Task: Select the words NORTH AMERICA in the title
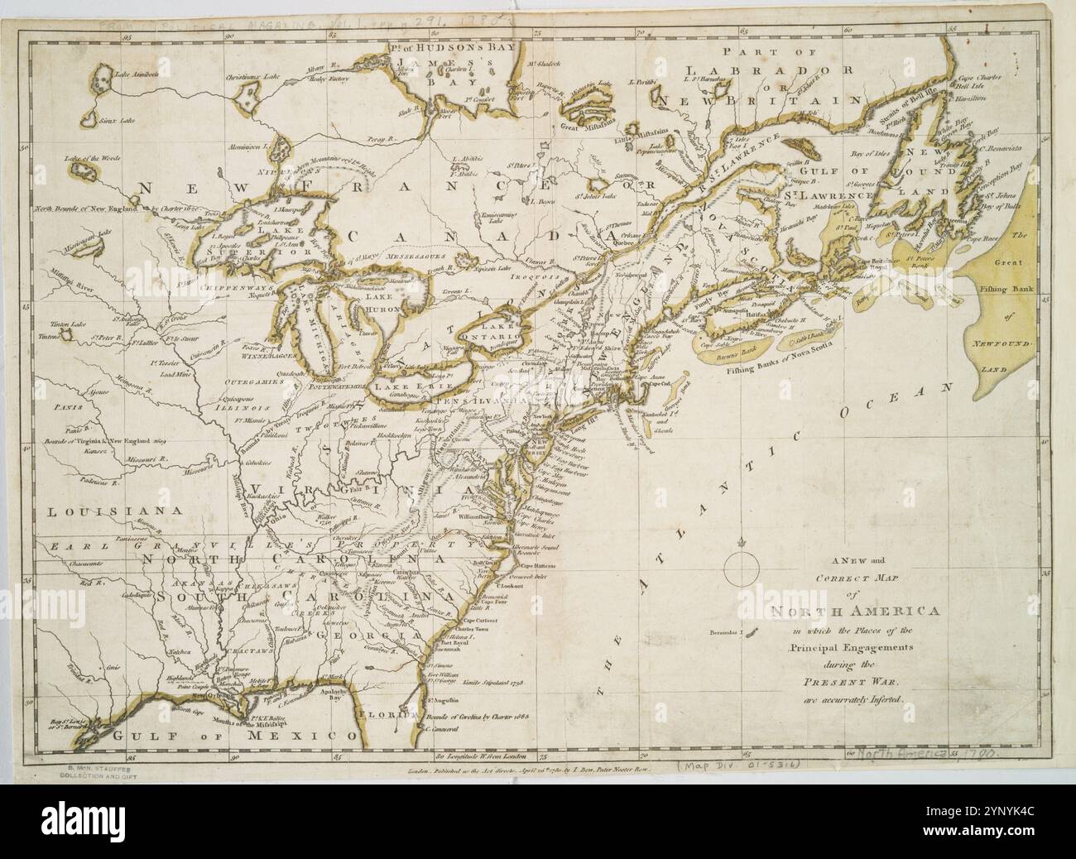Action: pos(855,612)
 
